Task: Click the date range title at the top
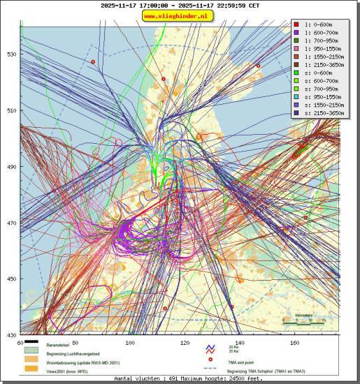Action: click(180, 5)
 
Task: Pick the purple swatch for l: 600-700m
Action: click(296, 32)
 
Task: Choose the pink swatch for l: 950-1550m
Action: click(296, 49)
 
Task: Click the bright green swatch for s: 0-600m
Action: click(296, 73)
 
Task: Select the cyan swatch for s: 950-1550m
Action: click(296, 97)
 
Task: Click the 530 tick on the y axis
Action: click(10, 54)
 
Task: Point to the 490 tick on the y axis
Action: click(10, 167)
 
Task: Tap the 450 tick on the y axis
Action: click(10, 279)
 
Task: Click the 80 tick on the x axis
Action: click(75, 343)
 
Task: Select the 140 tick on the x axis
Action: click(240, 343)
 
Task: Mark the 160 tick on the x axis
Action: click(294, 343)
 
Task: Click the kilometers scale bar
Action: click(303, 320)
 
